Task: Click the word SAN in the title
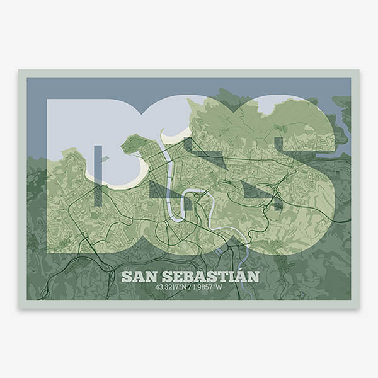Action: click(x=139, y=277)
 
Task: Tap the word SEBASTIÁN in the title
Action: click(x=209, y=277)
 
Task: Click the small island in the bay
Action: click(x=104, y=159)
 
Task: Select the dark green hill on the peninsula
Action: click(x=133, y=145)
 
